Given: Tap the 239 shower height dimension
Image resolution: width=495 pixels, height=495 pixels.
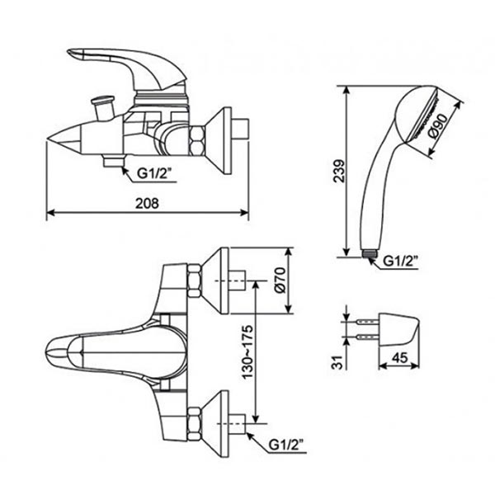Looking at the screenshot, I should point(334,172).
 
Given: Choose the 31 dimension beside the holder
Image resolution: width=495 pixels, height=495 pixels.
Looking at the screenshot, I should point(334,360).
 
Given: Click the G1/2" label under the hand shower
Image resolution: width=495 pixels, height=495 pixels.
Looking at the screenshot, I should point(402,262).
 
